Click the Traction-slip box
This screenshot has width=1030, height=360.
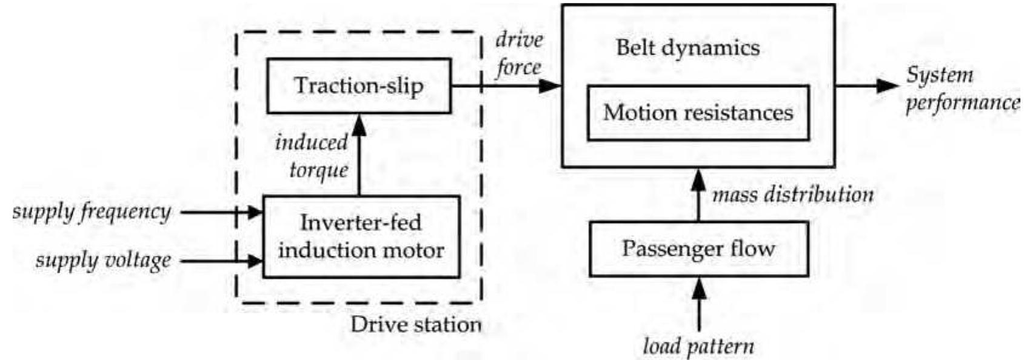point(359,85)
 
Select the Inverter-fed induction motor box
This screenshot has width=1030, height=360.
point(361,236)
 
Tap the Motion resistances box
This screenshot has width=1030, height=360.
point(698,113)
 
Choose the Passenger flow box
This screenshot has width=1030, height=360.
point(698,248)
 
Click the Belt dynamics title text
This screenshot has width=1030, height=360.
point(687,48)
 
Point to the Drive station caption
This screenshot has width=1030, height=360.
point(415,324)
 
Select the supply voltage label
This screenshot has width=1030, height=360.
point(103,261)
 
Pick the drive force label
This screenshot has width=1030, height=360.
point(518,54)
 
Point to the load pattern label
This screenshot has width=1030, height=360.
point(698,347)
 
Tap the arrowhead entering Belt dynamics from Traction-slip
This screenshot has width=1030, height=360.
point(551,85)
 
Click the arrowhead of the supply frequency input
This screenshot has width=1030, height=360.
point(254,213)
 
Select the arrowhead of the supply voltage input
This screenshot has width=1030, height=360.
point(254,261)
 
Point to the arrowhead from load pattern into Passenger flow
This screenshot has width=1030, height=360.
point(699,287)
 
